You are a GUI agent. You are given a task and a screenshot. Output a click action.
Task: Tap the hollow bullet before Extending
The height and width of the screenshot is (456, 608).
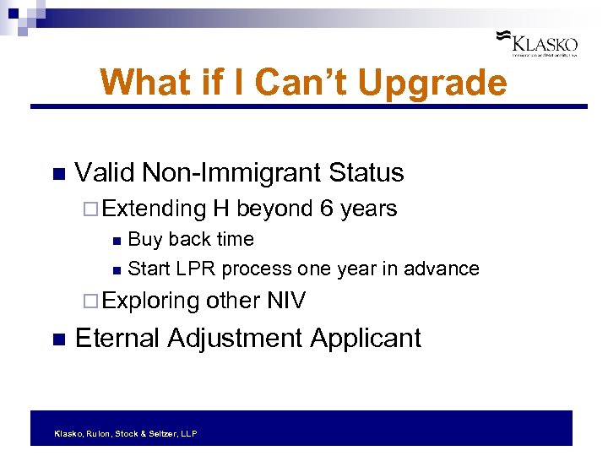[x=93, y=209]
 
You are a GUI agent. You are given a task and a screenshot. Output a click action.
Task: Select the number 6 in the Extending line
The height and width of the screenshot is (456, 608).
[x=326, y=209]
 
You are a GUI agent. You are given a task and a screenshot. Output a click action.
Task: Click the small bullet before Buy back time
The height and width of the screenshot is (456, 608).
[x=116, y=241]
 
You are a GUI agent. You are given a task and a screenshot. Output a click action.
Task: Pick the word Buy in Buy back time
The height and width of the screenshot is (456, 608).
[x=145, y=240]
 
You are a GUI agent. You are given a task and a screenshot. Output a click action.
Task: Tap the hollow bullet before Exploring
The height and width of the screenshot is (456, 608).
[x=93, y=301]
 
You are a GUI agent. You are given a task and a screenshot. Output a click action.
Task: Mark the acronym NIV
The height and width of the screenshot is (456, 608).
[x=286, y=301]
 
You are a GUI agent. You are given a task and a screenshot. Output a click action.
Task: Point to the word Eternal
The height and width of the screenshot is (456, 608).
[x=117, y=339]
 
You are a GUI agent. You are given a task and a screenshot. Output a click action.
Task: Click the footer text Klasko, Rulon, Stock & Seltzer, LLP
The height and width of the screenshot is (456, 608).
[x=125, y=433]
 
